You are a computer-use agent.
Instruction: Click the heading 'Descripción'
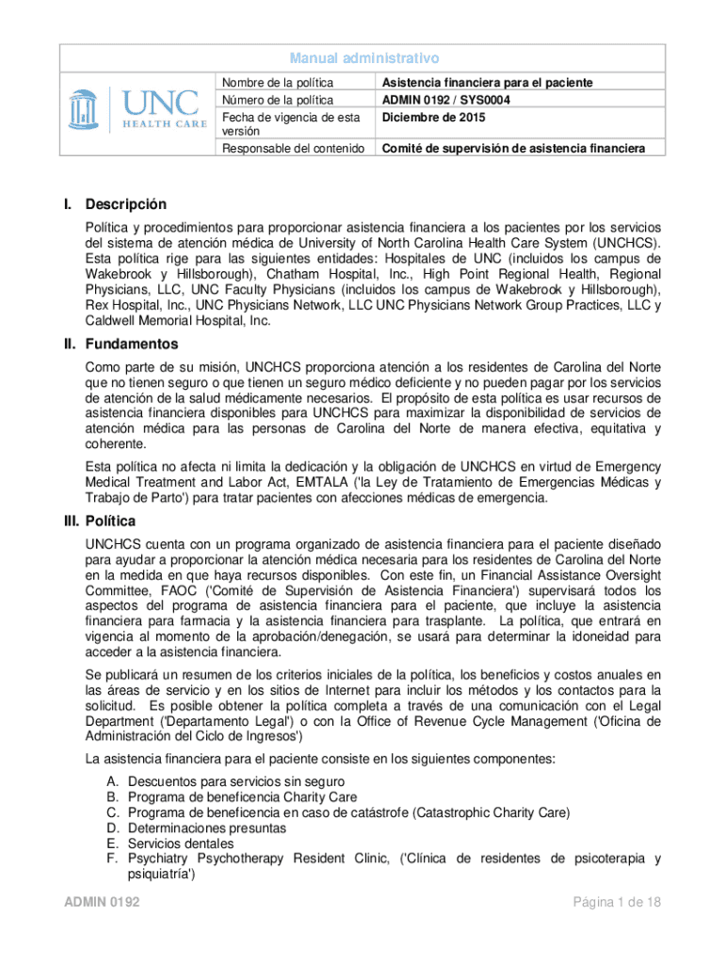(x=125, y=204)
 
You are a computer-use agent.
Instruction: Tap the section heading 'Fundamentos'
(x=131, y=345)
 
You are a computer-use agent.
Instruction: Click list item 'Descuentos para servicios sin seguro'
(x=235, y=782)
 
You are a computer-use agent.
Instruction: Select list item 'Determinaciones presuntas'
(x=207, y=828)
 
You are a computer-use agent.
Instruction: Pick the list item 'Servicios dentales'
(x=181, y=843)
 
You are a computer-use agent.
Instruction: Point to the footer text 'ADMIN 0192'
(x=102, y=903)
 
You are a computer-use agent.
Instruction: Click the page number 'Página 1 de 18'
(x=618, y=903)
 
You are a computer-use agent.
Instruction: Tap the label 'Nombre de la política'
(x=279, y=83)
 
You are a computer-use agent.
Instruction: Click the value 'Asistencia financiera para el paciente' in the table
(x=487, y=83)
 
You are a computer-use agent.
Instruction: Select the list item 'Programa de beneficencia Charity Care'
(x=242, y=797)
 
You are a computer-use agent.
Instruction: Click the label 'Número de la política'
(x=277, y=99)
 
